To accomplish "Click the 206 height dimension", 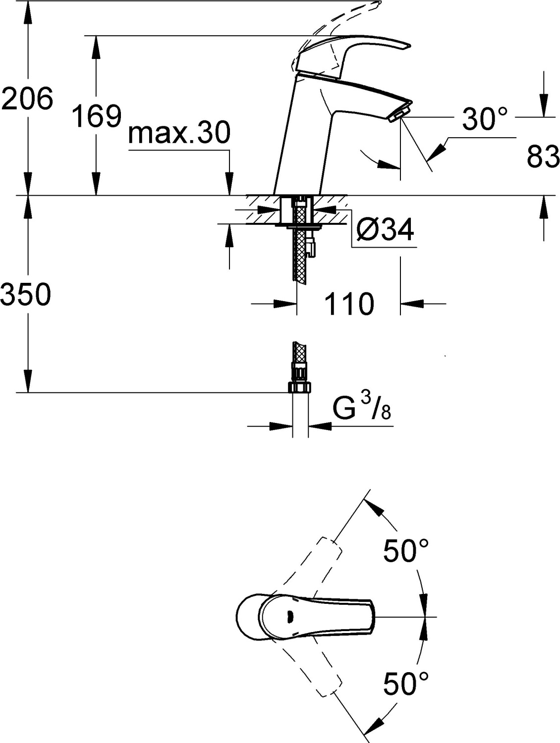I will (27, 98).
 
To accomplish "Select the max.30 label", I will (179, 133).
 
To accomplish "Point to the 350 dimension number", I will (26, 294).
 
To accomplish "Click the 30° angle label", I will (485, 119).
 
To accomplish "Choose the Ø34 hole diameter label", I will (385, 230).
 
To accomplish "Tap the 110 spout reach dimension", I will (349, 303).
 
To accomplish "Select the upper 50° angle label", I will (406, 551).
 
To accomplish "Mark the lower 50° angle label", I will (406, 684).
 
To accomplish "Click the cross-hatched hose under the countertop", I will (300, 248).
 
